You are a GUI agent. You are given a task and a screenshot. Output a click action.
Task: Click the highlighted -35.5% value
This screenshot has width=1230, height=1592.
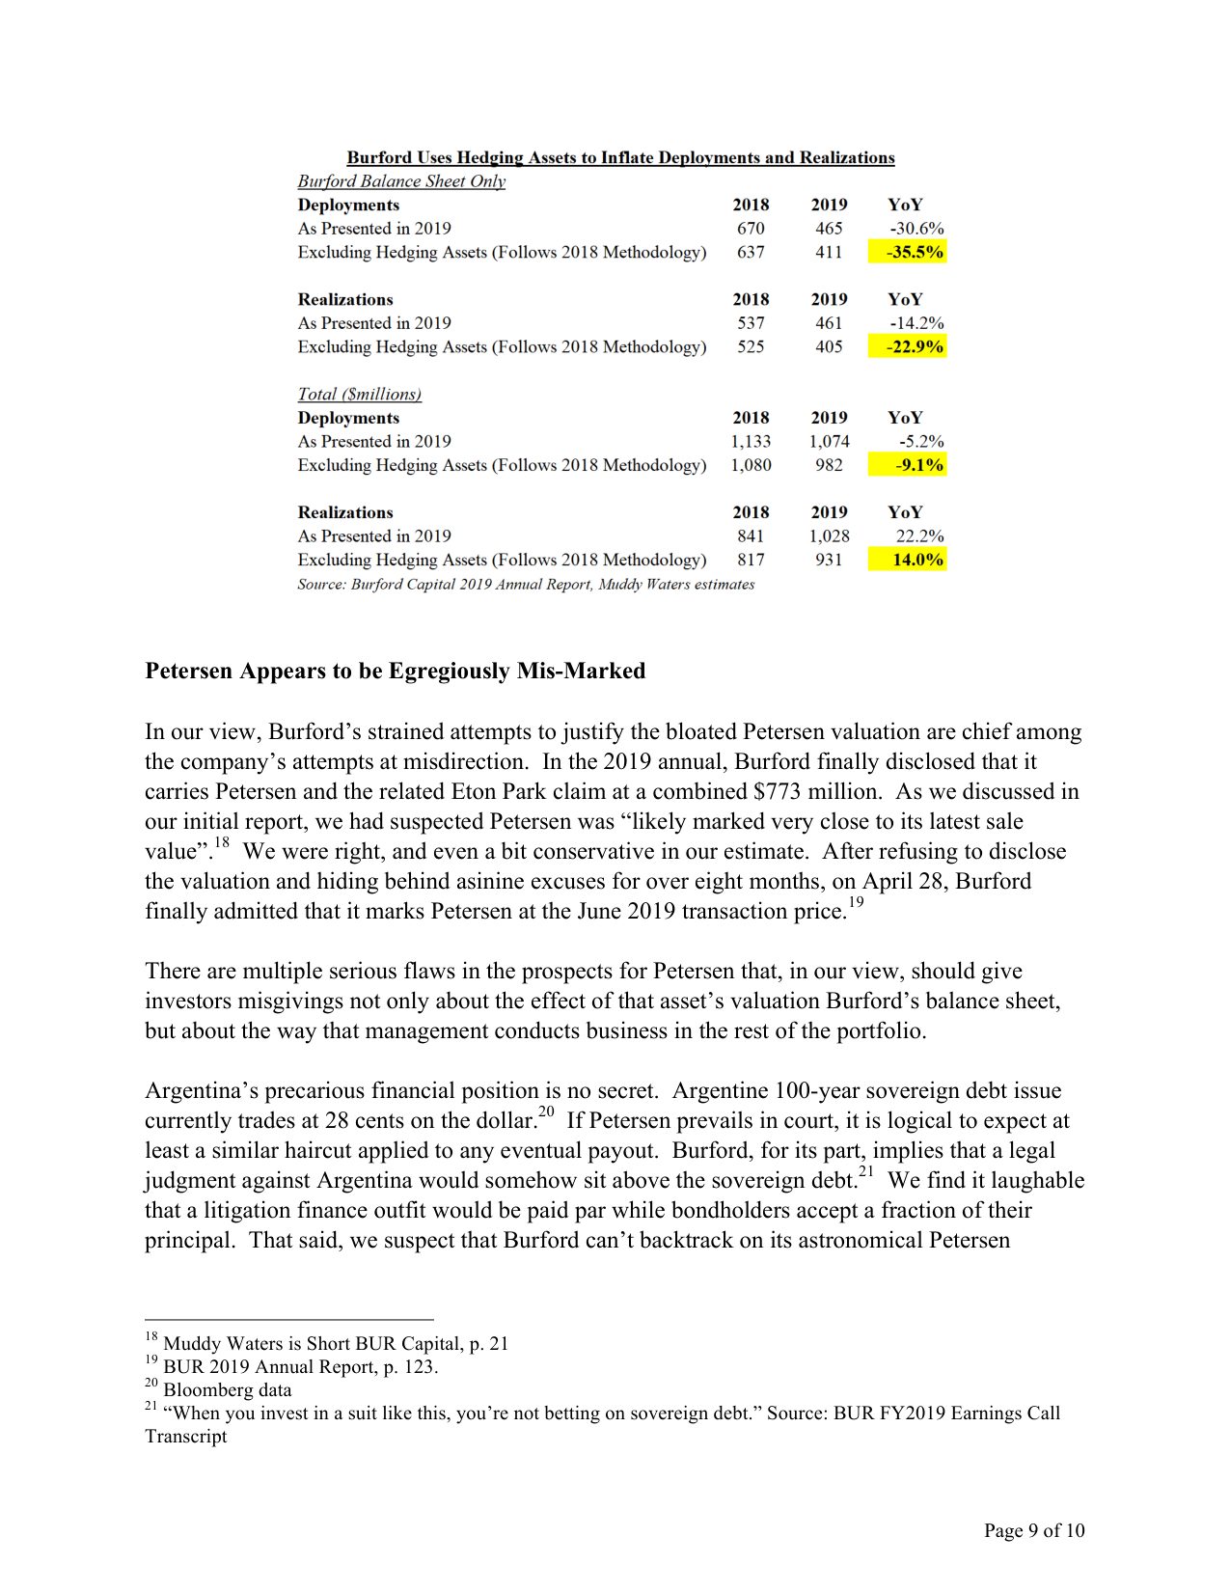point(907,252)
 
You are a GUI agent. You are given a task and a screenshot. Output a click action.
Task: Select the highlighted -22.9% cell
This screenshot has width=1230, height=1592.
point(907,346)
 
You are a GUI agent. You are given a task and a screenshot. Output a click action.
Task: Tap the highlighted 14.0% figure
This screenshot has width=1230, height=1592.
point(908,560)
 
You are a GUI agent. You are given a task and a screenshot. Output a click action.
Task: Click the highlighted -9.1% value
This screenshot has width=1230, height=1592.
point(908,465)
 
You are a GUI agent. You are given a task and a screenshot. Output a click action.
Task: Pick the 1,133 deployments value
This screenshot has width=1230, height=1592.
point(751,441)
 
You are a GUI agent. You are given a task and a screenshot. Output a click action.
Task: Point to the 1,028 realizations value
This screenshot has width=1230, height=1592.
point(829,535)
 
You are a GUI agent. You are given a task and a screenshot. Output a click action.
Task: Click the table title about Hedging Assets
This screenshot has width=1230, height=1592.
point(620,157)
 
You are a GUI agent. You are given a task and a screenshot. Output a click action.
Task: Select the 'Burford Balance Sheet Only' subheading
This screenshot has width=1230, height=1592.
point(401,181)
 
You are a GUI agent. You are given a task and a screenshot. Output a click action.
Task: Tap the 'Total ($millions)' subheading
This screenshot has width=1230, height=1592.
point(359,394)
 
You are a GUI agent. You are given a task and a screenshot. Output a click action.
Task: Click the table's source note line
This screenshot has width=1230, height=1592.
point(526,584)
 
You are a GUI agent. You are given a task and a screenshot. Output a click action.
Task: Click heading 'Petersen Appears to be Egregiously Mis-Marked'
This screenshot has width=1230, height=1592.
point(395,671)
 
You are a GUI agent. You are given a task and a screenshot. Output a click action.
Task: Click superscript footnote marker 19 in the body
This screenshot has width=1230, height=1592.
point(856,903)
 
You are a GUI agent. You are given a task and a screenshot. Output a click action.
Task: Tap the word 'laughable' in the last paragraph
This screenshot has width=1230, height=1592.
point(1037,1180)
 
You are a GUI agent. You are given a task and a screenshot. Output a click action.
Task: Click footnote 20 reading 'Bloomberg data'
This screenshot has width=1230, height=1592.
point(227,1389)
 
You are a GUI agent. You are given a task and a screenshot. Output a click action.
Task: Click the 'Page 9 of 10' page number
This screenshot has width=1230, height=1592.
point(1033,1530)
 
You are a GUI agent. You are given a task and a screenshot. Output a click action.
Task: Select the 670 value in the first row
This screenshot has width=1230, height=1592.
point(751,229)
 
